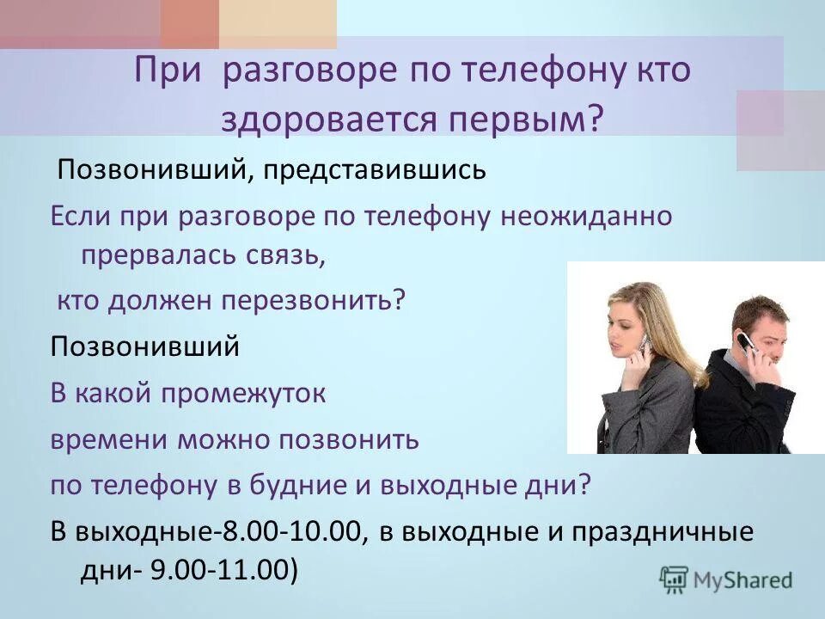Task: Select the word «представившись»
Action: (x=382, y=169)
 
